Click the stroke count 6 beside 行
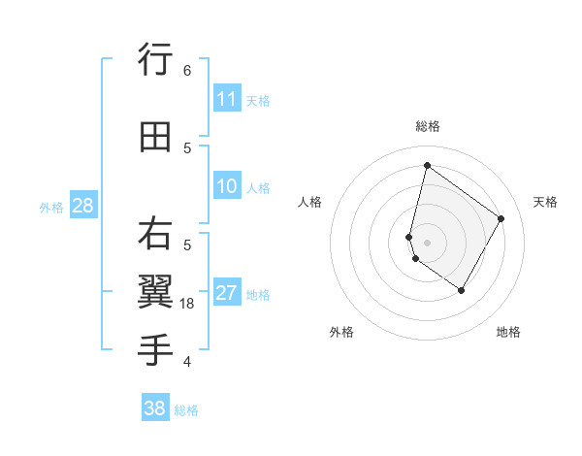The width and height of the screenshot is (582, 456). (x=186, y=71)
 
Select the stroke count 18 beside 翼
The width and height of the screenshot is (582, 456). (x=188, y=304)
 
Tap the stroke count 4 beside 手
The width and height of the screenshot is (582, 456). (x=186, y=362)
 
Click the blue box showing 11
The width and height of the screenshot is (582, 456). (x=227, y=98)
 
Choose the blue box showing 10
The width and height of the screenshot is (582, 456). (x=227, y=186)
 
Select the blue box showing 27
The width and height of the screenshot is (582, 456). (x=227, y=293)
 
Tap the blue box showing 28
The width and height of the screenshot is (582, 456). (x=82, y=205)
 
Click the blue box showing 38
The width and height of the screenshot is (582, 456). (x=155, y=408)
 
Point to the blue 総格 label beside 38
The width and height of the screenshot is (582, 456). (x=187, y=410)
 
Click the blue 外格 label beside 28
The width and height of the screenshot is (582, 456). (x=51, y=207)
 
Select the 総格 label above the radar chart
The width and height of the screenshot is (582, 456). (x=427, y=126)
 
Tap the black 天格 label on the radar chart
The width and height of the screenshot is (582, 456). (x=546, y=202)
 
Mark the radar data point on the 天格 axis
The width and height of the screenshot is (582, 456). (x=501, y=218)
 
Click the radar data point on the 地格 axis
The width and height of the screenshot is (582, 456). (x=462, y=290)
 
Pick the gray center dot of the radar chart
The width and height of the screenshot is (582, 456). (x=427, y=242)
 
